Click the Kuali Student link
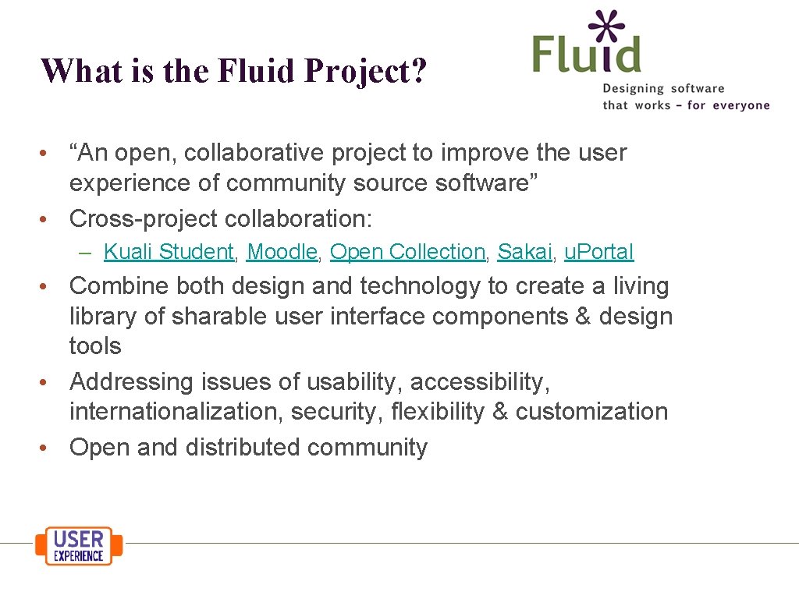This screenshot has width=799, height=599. point(169,252)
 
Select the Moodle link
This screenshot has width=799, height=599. point(282,252)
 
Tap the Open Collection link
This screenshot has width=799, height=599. point(407,252)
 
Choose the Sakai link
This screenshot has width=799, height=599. point(524,252)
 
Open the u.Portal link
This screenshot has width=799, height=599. point(598,252)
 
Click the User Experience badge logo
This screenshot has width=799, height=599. point(79,546)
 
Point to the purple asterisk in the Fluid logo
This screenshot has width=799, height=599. point(608,25)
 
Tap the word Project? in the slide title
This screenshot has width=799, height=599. point(366,71)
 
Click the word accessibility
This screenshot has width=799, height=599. point(480,382)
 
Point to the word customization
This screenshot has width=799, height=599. point(591,412)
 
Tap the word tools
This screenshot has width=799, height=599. point(95,346)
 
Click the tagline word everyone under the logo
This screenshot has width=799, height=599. point(740,105)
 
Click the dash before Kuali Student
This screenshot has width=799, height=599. point(87,253)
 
